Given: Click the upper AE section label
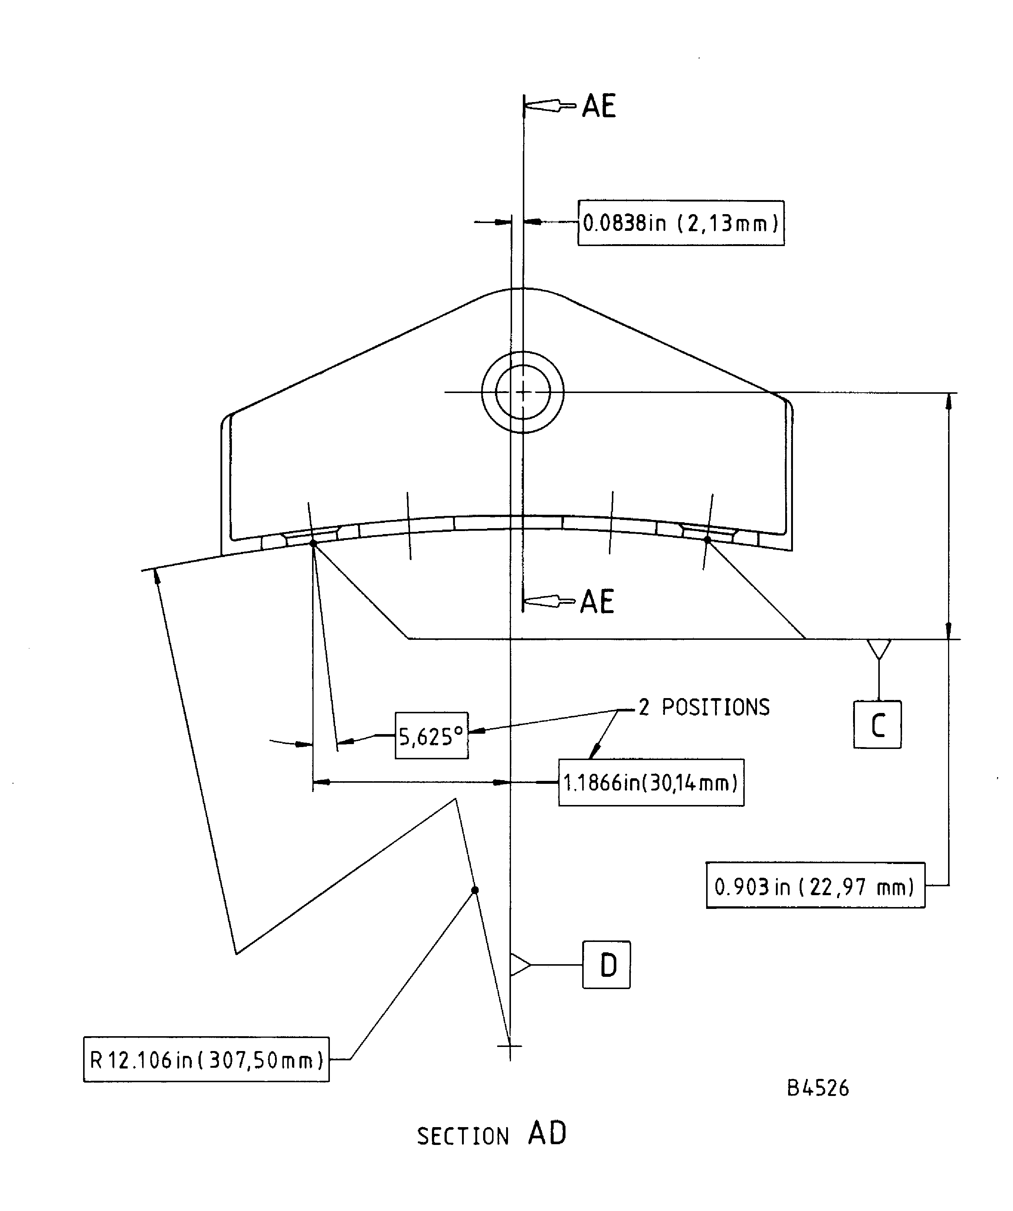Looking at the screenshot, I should [x=599, y=106].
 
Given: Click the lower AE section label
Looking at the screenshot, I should [x=597, y=602].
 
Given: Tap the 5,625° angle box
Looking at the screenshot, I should [x=431, y=736].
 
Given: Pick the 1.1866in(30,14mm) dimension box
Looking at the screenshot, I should [x=650, y=783].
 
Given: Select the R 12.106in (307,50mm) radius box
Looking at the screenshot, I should [x=206, y=1060].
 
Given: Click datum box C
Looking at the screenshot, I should [x=877, y=725].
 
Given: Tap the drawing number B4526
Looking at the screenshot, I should [x=817, y=1088].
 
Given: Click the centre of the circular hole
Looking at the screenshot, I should [x=523, y=392].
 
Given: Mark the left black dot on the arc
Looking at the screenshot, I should [x=313, y=543].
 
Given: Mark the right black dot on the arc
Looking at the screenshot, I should [x=707, y=540].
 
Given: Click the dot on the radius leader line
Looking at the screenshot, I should [x=475, y=890].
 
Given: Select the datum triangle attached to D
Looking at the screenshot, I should [x=518, y=965].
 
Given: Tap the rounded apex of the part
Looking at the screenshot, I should [x=522, y=289].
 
